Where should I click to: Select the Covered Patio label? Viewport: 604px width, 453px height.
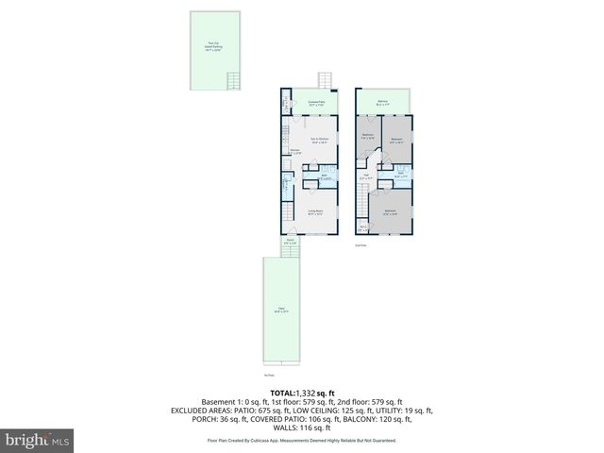[316, 103]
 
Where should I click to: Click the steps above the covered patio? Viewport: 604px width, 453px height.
[327, 80]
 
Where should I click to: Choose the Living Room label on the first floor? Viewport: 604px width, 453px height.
[315, 212]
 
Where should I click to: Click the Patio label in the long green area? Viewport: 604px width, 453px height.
[280, 310]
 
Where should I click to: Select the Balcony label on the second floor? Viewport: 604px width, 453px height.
[383, 103]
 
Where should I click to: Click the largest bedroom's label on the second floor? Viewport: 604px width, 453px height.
[389, 212]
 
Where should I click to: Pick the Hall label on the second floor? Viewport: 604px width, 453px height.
[366, 176]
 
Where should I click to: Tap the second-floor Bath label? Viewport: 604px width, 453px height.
[400, 175]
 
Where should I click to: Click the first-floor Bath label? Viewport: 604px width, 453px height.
[323, 176]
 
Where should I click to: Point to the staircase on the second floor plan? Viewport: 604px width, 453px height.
[363, 201]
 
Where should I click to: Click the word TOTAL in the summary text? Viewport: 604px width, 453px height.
[282, 393]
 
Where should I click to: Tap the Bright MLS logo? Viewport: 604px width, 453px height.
[38, 440]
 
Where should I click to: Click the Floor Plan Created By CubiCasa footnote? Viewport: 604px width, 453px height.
[302, 441]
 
